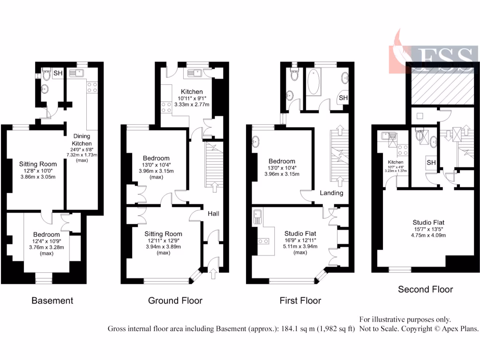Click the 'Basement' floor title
pyautogui.click(x=52, y=300)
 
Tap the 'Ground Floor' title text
pyautogui.click(x=175, y=300)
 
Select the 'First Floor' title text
pyautogui.click(x=300, y=300)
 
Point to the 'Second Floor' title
pyautogui.click(x=425, y=289)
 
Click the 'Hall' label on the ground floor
pyautogui.click(x=214, y=214)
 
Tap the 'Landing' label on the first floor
pyautogui.click(x=332, y=193)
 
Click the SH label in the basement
pyautogui.click(x=58, y=73)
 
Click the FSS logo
pyautogui.click(x=431, y=55)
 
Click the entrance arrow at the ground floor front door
pyautogui.click(x=214, y=271)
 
